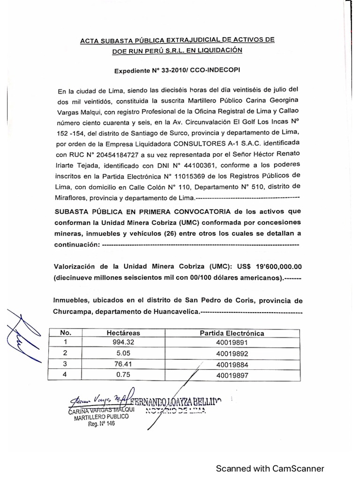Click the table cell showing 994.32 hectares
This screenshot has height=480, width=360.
[117, 342]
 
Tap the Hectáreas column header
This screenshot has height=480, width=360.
[117, 332]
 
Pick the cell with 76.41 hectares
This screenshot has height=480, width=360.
[117, 364]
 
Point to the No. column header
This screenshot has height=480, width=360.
[65, 332]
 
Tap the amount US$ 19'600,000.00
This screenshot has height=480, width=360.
[274, 266]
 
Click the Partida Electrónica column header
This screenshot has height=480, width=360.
[232, 333]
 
